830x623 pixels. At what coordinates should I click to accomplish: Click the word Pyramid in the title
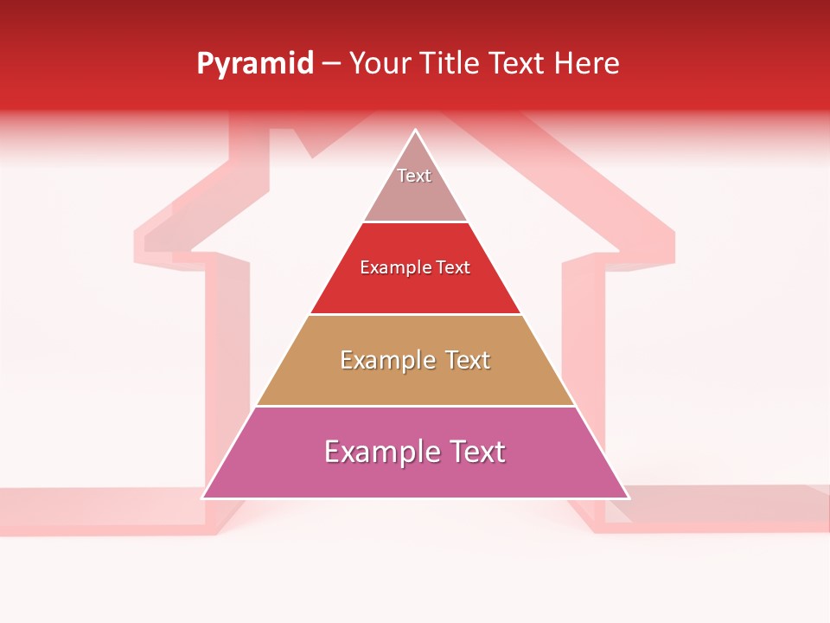coord(254,64)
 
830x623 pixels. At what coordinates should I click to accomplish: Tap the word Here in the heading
coord(586,64)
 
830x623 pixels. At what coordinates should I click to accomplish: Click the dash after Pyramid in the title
coord(331,64)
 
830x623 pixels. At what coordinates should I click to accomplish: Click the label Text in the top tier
coord(414,176)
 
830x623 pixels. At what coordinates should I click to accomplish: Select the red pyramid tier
coord(415,290)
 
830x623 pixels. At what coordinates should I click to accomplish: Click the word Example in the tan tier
coord(388,360)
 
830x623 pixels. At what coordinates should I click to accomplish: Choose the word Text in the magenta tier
coord(471,452)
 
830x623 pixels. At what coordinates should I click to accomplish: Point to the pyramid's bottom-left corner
coord(202,498)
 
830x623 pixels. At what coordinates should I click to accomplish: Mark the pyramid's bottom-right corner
coord(629,498)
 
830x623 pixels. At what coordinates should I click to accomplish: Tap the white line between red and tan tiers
coord(415,314)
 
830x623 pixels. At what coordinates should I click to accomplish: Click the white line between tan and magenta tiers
coord(415,406)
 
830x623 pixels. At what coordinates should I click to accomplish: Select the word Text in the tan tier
coord(468,360)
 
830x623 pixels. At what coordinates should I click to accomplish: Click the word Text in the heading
coord(519,64)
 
